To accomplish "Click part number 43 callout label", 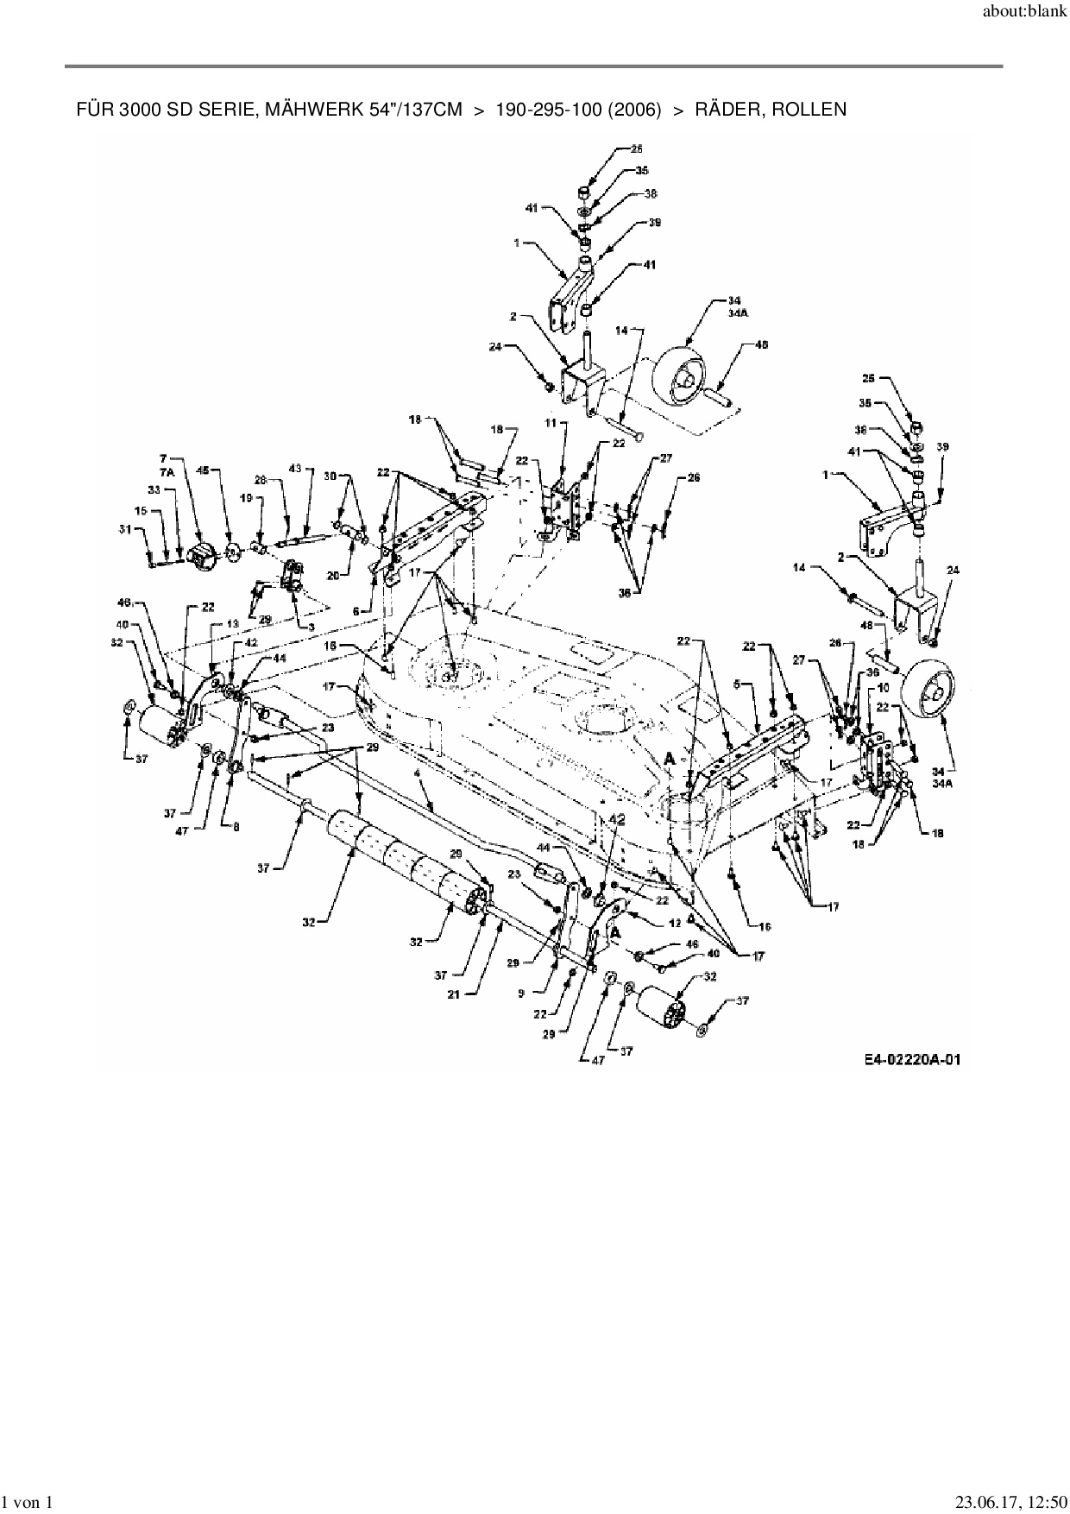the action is tap(296, 469).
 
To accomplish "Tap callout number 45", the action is tap(205, 471).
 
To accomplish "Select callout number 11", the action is tap(550, 425).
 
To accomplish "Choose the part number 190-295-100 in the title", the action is tap(549, 110).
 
